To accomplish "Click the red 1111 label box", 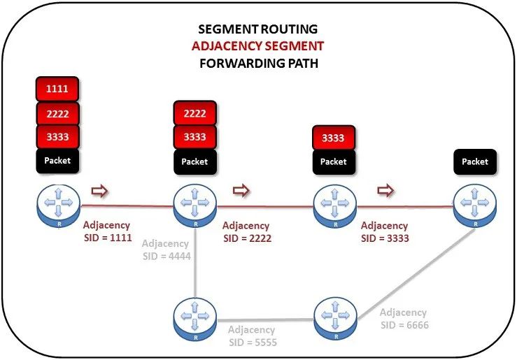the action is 57,89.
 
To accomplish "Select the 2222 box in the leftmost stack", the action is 57,114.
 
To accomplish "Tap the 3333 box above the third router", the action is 334,138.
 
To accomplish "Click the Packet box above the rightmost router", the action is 475,161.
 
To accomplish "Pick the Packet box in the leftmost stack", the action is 57,161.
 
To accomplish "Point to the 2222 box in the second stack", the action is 195,113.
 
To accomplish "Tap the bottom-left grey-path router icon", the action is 195,319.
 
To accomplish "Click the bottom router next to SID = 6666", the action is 335,319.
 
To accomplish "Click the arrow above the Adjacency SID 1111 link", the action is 99,191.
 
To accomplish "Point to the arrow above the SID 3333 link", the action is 385,190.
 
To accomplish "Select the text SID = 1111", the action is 108,238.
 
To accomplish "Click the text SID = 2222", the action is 247,238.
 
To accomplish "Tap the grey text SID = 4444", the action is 167,256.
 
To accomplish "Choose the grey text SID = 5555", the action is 253,343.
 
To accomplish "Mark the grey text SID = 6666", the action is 404,325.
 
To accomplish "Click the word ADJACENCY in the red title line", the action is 227,45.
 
